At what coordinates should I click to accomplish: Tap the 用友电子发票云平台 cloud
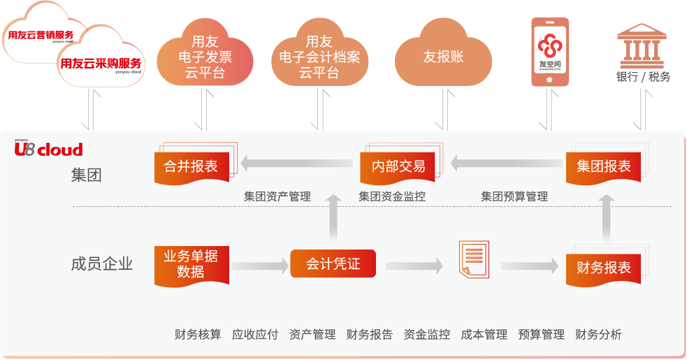[x=205, y=57]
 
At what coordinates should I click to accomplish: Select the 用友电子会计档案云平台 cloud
[x=319, y=57]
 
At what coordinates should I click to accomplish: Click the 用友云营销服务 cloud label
[x=40, y=34]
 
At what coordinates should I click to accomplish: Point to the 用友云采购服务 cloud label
[x=101, y=63]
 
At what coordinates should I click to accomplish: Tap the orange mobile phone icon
[x=549, y=52]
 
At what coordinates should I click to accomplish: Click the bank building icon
[x=642, y=45]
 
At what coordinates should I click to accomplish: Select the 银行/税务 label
[x=643, y=77]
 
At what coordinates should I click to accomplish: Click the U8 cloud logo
[x=49, y=149]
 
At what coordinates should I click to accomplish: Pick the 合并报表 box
[x=191, y=167]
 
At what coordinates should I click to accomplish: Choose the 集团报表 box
[x=603, y=167]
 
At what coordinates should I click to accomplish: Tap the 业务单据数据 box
[x=191, y=265]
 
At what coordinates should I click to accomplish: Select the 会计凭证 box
[x=333, y=264]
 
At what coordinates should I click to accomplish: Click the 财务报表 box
[x=603, y=267]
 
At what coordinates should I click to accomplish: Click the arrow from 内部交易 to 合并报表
[x=297, y=164]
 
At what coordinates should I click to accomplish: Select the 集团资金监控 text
[x=392, y=197]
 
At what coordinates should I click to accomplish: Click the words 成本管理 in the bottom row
[x=484, y=335]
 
